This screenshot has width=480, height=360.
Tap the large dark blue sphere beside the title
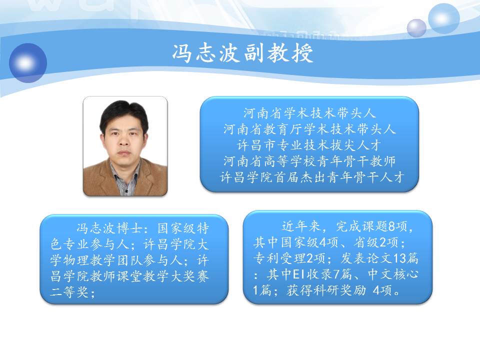[28, 63]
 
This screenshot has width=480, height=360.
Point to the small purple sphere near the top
[416, 28]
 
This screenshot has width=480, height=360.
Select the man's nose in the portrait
[123, 141]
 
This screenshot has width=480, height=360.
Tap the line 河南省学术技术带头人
[309, 113]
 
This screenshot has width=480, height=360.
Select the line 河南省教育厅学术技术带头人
[309, 129]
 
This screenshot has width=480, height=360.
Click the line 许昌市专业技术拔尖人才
[309, 145]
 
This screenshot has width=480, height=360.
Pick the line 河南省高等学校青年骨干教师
[309, 161]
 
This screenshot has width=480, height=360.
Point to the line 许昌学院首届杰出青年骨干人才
[312, 177]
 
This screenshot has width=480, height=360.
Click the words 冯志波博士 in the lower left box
[109, 228]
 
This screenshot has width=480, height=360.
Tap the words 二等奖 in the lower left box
[69, 292]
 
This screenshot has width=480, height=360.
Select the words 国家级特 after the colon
[183, 228]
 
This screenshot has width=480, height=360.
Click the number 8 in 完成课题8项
[391, 226]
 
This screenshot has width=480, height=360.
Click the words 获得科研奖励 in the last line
[326, 290]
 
